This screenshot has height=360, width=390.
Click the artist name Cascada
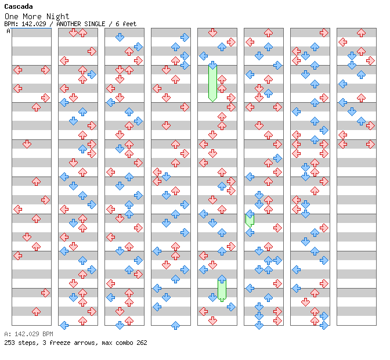point(19,6)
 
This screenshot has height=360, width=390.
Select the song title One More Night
point(37,16)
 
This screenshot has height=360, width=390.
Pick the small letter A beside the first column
point(9,31)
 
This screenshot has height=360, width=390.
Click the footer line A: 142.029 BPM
point(28,334)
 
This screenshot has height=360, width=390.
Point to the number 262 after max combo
point(141,343)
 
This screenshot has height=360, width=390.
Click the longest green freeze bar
point(212,83)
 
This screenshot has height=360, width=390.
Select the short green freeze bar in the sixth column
point(250,219)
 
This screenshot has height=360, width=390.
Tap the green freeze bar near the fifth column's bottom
point(222,289)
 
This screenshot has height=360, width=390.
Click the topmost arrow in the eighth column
point(361,33)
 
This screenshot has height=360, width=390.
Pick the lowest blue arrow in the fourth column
point(175,325)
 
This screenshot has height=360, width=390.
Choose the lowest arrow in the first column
point(36,311)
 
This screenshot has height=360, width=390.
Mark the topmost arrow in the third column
point(120,37)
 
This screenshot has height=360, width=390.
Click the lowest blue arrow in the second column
point(64,325)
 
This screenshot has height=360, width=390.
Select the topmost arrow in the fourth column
point(185,37)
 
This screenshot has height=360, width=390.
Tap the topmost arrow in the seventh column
point(324,33)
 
